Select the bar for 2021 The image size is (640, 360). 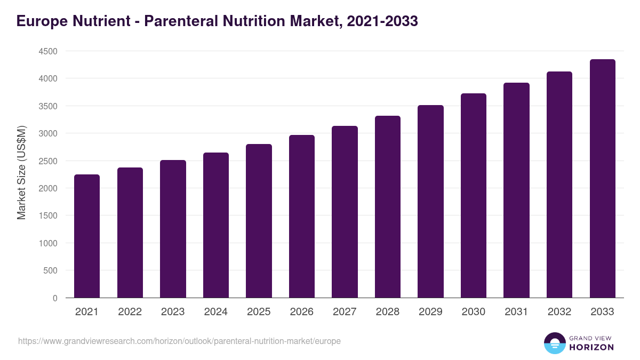tap(87, 236)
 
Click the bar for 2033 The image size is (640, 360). tap(602, 179)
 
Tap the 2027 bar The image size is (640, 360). tap(345, 212)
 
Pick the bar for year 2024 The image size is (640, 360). tap(216, 225)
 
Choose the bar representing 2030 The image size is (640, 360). tap(474, 195)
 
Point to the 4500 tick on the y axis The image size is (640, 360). tap(48, 51)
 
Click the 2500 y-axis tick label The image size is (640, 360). tap(48, 161)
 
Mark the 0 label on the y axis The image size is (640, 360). tap(55, 298)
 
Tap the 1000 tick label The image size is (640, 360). tap(48, 243)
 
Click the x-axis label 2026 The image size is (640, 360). tap(302, 312)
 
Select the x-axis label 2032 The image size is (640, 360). tap(559, 312)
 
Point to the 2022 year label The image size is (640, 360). tap(130, 312)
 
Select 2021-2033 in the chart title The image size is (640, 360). tap(382, 21)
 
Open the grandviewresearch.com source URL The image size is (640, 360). tap(179, 341)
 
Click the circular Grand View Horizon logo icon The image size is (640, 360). tap(555, 343)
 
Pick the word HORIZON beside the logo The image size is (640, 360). tap(591, 347)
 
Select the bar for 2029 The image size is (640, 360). tap(430, 201)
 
